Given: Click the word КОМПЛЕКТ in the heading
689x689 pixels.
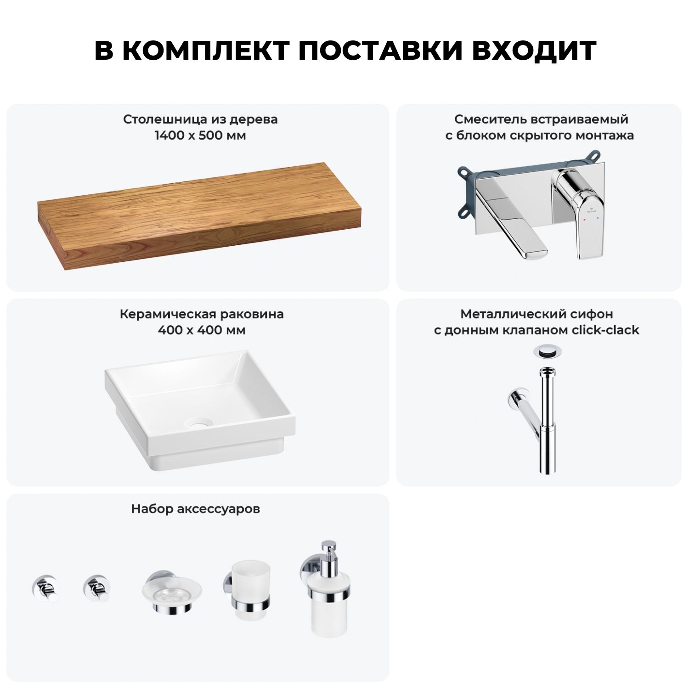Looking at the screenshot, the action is click(205, 51).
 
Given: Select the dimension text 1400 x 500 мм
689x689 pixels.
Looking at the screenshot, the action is click(200, 136).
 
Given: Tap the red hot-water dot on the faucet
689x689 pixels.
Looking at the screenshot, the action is click(584, 220).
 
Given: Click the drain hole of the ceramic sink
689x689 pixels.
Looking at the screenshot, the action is click(199, 423).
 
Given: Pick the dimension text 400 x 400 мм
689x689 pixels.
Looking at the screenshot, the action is click(201, 330).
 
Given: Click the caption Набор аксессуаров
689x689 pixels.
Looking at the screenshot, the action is click(196, 509).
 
